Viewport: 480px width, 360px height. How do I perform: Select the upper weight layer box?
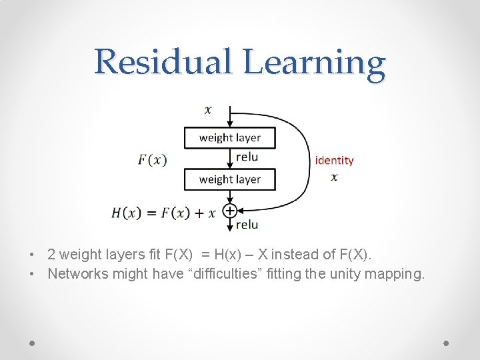229,138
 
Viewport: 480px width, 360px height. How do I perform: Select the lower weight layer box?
229,179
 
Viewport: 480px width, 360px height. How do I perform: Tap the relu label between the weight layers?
247,157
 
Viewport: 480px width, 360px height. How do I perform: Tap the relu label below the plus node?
247,225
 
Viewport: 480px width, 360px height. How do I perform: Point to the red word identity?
334,160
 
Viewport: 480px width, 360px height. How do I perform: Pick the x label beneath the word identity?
334,177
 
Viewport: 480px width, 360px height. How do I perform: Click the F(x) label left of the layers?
152,159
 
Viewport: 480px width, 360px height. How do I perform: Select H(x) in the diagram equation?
126,213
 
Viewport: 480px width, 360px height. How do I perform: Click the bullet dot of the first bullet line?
32,255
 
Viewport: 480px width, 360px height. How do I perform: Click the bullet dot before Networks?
32,274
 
